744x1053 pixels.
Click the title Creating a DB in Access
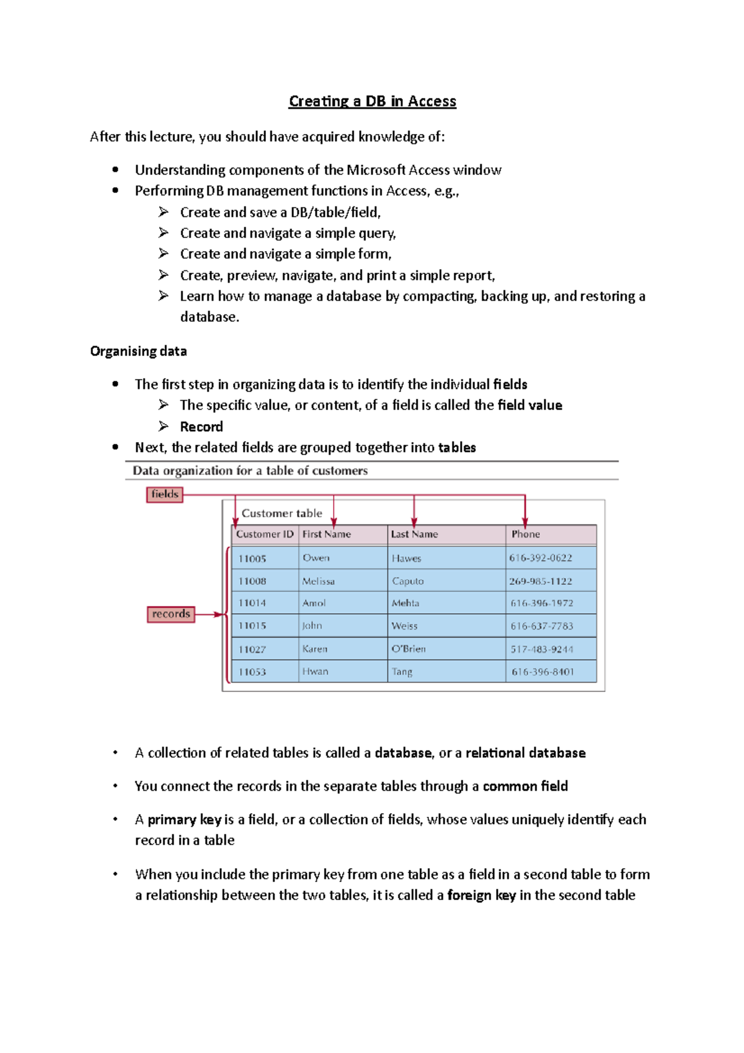click(372, 101)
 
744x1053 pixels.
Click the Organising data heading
click(138, 351)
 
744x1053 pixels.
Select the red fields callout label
click(164, 494)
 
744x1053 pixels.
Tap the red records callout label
click(170, 614)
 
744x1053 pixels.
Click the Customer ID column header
click(265, 534)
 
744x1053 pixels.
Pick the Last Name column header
click(414, 534)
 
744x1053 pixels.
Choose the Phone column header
click(525, 534)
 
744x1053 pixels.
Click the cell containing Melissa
click(319, 581)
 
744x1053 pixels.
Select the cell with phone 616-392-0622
click(541, 558)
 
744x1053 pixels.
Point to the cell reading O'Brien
click(409, 649)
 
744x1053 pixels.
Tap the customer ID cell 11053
click(252, 672)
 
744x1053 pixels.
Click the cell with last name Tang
click(402, 672)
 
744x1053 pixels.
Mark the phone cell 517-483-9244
click(542, 649)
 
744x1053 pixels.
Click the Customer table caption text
click(281, 513)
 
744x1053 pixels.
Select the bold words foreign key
click(481, 895)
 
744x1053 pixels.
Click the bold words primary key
click(184, 819)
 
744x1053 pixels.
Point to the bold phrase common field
click(525, 786)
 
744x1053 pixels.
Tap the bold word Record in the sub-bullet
click(201, 427)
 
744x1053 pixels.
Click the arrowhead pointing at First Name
click(334, 522)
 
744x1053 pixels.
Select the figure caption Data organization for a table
click(250, 471)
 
